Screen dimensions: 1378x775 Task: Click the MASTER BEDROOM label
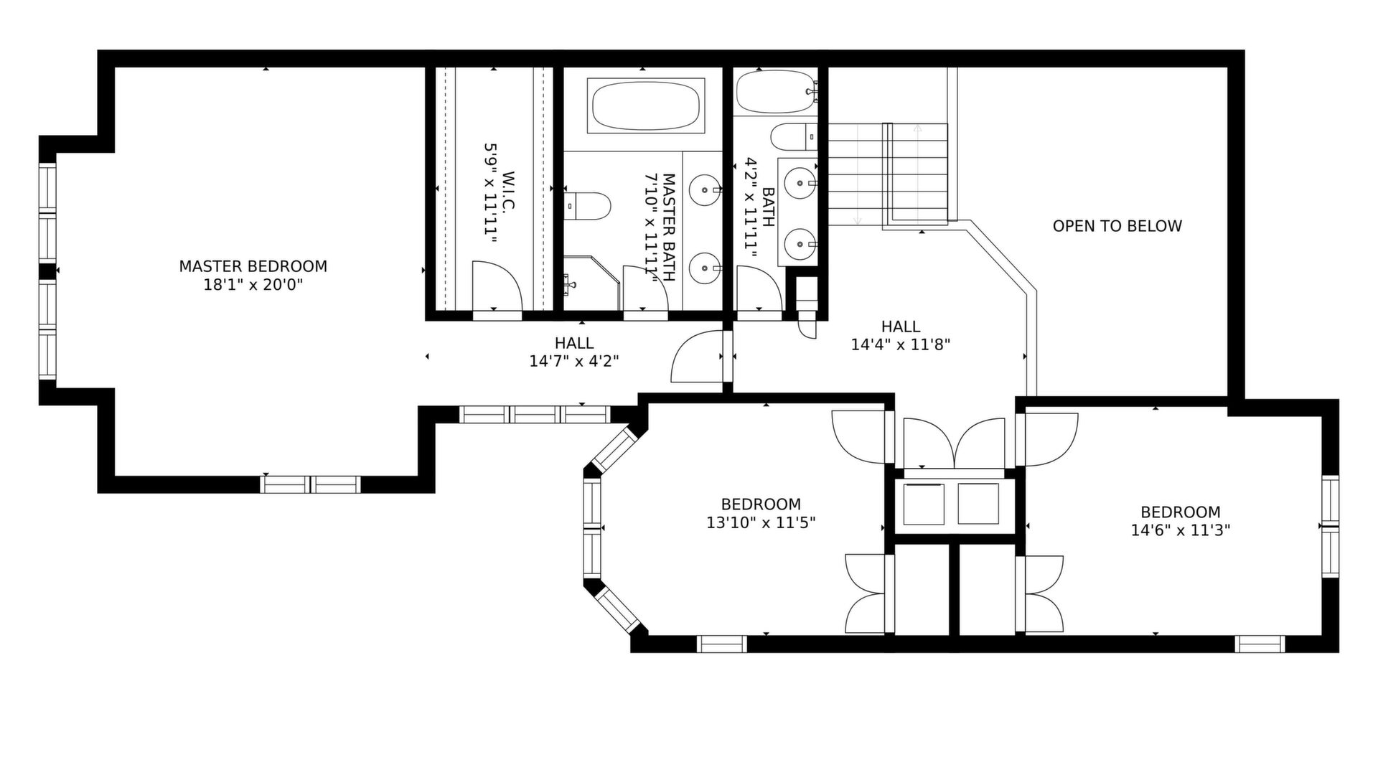pyautogui.click(x=253, y=266)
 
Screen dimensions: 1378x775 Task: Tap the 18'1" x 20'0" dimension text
pyautogui.click(x=253, y=285)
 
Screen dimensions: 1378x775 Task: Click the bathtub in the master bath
pyautogui.click(x=645, y=105)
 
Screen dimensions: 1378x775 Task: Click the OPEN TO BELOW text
pyautogui.click(x=1117, y=226)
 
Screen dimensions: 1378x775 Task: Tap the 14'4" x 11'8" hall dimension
pyautogui.click(x=901, y=344)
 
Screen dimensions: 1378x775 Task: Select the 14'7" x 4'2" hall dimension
pyautogui.click(x=574, y=361)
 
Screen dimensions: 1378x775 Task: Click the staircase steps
pyautogui.click(x=889, y=174)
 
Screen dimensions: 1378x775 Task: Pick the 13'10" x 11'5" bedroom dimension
pyautogui.click(x=761, y=522)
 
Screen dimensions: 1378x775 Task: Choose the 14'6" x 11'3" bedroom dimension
pyautogui.click(x=1181, y=530)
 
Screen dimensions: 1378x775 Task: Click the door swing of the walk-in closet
pyautogui.click(x=497, y=286)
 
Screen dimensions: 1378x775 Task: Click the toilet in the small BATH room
pyautogui.click(x=794, y=136)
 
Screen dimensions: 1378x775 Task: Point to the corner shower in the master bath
pyautogui.click(x=591, y=283)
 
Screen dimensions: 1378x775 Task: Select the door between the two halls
pyautogui.click(x=696, y=357)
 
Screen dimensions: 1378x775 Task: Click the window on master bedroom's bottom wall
pyautogui.click(x=310, y=484)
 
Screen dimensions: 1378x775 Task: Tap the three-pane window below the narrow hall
pyautogui.click(x=534, y=414)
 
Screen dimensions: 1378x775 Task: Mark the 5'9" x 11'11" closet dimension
pyautogui.click(x=490, y=192)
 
